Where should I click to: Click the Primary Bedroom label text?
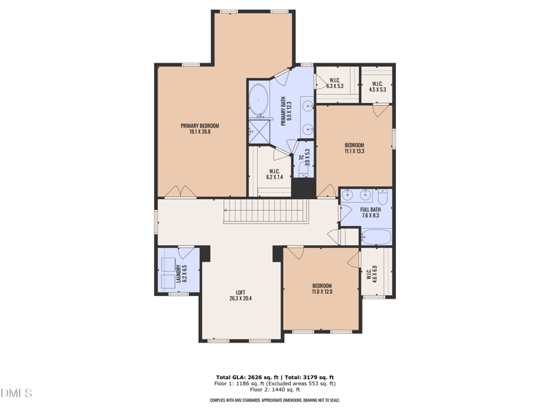click(x=199, y=128)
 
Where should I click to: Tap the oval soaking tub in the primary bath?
click(x=258, y=101)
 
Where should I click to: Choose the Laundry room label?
click(x=180, y=273)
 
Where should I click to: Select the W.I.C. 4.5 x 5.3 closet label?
click(x=377, y=87)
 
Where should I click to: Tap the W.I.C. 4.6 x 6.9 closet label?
click(x=371, y=275)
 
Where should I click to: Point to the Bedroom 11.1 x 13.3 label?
click(x=354, y=148)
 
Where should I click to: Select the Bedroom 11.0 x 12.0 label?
click(x=322, y=289)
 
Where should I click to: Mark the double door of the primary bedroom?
click(x=177, y=192)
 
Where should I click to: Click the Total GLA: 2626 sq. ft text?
click(x=245, y=378)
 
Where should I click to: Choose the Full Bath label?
click(x=371, y=213)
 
